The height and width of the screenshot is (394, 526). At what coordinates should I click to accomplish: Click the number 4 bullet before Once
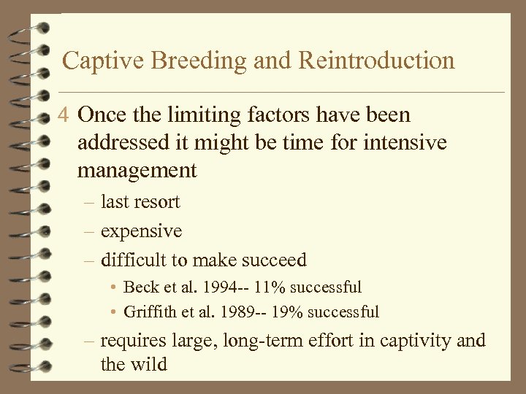(x=66, y=115)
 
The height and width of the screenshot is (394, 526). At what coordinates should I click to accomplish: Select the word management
(x=137, y=171)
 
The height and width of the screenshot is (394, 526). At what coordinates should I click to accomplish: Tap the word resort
(x=158, y=202)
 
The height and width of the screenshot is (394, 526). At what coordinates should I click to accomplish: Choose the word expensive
(x=141, y=231)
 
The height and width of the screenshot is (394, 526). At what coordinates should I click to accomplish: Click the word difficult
(x=132, y=260)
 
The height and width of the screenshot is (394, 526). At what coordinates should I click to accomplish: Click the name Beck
(x=139, y=287)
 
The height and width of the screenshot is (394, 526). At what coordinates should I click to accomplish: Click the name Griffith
(x=148, y=312)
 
